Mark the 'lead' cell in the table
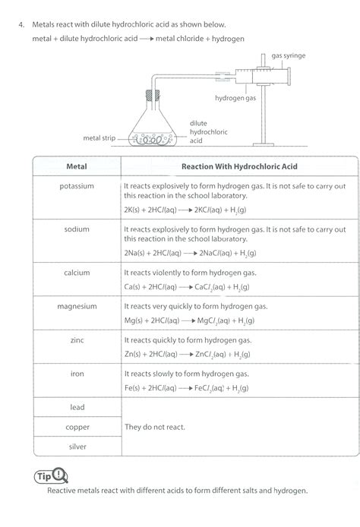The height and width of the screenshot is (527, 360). click(x=77, y=407)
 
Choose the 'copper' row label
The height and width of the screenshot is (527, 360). click(x=77, y=427)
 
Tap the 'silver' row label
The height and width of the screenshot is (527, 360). click(x=77, y=447)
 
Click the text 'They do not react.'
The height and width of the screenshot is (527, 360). click(x=154, y=427)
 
